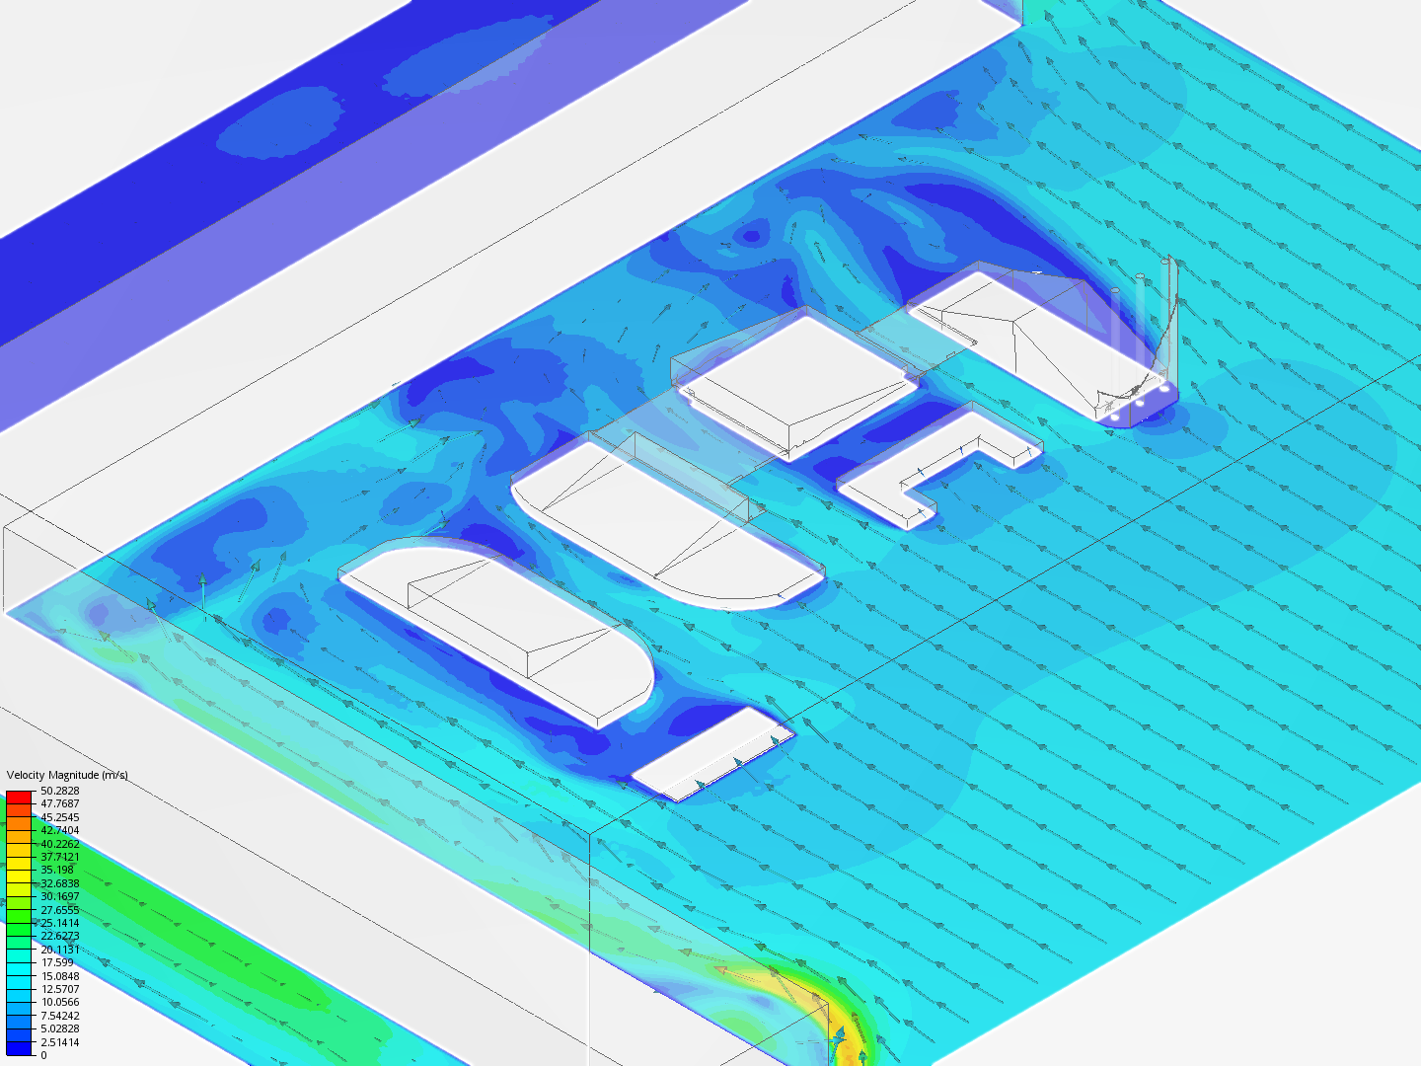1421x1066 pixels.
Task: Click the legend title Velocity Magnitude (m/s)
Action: tap(67, 775)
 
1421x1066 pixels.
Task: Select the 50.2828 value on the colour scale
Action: tap(59, 791)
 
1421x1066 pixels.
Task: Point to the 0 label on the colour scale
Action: tap(43, 1055)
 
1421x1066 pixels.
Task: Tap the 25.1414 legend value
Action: tap(59, 923)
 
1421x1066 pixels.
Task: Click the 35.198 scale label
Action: tap(57, 870)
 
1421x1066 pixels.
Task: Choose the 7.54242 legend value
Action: tap(59, 1016)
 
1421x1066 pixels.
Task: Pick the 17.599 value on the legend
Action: tap(57, 962)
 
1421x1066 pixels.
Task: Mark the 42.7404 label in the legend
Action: tap(59, 830)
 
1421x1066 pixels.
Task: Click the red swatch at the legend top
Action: tap(19, 797)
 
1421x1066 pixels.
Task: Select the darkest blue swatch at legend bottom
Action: tap(19, 1048)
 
